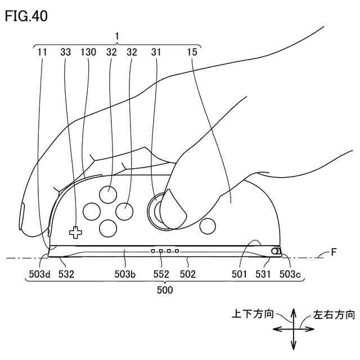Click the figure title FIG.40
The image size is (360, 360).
(x=26, y=16)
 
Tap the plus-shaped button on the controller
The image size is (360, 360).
(x=75, y=231)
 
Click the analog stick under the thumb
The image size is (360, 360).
(x=159, y=211)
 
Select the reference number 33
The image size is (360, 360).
(x=66, y=52)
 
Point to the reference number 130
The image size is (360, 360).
(x=88, y=52)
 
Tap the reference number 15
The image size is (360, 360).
(x=192, y=52)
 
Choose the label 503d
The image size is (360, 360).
(x=39, y=274)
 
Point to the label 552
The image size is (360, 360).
(x=161, y=274)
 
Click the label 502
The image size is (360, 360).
(x=187, y=274)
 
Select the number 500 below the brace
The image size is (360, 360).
(x=165, y=290)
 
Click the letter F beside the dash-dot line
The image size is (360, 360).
(x=334, y=253)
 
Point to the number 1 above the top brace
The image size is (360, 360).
(x=117, y=36)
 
